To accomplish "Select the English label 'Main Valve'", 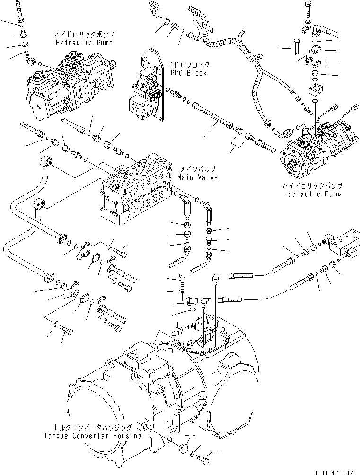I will [198, 177].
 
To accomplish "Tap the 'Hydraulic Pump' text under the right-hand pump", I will [313, 194].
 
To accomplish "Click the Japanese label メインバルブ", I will [198, 169].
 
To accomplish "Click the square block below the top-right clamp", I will [315, 90].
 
